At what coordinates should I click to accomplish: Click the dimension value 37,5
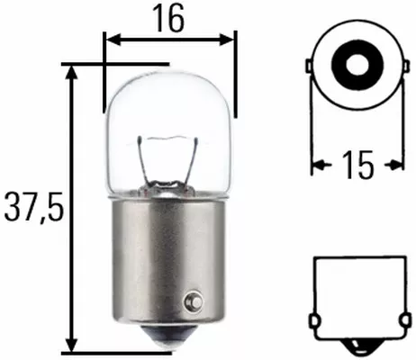click(32, 209)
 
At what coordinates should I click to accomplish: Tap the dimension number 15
click(357, 165)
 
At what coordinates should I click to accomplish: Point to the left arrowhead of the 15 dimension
click(317, 165)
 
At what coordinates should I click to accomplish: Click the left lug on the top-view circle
click(310, 68)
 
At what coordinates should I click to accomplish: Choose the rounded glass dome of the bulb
click(171, 99)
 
